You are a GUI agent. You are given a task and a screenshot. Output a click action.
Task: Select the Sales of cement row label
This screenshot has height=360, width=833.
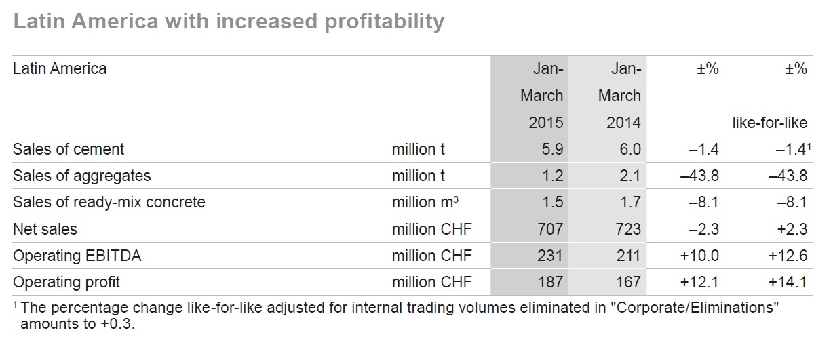69,149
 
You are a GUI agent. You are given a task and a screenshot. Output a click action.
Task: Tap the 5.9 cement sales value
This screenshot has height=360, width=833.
551,149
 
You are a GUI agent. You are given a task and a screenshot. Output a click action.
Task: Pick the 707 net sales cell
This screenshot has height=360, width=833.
549,228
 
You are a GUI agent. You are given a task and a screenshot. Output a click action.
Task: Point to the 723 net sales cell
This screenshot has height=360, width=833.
627,228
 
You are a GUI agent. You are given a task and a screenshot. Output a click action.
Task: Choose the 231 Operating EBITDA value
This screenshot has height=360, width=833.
549,255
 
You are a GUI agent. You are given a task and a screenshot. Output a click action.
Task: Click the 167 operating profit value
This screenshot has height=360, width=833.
627,281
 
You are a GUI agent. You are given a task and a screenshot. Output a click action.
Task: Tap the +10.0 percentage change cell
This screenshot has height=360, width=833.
699,255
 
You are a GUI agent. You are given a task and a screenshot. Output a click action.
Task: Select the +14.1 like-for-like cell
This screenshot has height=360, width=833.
788,281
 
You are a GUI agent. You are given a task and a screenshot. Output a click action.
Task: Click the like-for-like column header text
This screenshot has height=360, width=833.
769,123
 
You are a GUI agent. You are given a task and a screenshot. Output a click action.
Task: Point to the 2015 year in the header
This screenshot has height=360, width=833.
546,123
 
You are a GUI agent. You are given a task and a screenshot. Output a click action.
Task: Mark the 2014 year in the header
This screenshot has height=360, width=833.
623,123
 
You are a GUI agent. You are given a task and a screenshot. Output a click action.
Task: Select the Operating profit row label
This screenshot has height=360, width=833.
66,281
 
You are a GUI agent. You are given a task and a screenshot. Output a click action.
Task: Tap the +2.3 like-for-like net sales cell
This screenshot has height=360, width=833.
792,228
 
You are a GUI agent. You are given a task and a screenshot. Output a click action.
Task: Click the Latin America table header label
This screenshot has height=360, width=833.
60,68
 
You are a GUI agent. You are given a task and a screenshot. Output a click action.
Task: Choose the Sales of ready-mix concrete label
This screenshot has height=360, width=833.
109,202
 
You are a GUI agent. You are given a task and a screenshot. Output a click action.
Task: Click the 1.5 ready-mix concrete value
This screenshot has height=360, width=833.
551,202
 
